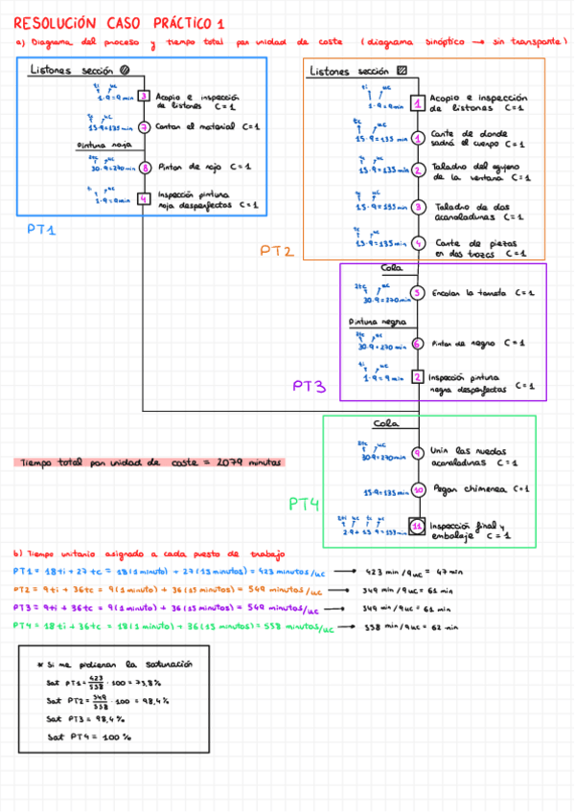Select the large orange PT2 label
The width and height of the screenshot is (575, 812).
pyautogui.click(x=276, y=251)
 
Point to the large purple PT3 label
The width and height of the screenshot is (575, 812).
pyautogui.click(x=310, y=387)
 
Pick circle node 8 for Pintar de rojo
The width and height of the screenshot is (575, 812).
pyautogui.click(x=143, y=167)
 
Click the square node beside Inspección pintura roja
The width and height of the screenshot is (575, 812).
pyautogui.click(x=143, y=199)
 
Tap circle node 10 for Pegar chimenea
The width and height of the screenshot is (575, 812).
pyautogui.click(x=418, y=490)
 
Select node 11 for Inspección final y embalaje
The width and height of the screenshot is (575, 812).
pyautogui.click(x=418, y=526)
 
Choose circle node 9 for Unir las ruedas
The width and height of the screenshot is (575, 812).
pyautogui.click(x=418, y=454)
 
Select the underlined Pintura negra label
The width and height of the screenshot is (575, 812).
pyautogui.click(x=377, y=323)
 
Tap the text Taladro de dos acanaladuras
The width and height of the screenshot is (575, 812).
pyautogui.click(x=469, y=211)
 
